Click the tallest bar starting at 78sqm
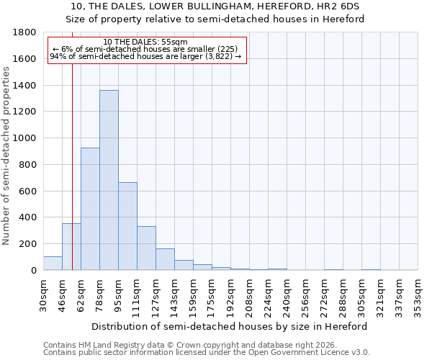pyautogui.click(x=109, y=180)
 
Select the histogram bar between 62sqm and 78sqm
pyautogui.click(x=90, y=209)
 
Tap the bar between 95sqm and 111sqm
pyautogui.click(x=127, y=226)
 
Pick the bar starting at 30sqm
pyautogui.click(x=53, y=264)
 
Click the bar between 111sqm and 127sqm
pyautogui.click(x=146, y=248)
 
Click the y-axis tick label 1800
pyautogui.click(x=26, y=32)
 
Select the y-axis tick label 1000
pyautogui.click(x=26, y=138)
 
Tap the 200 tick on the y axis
pyautogui.click(x=29, y=244)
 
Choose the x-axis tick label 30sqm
pyautogui.click(x=43, y=295)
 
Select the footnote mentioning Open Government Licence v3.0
pyautogui.click(x=206, y=353)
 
